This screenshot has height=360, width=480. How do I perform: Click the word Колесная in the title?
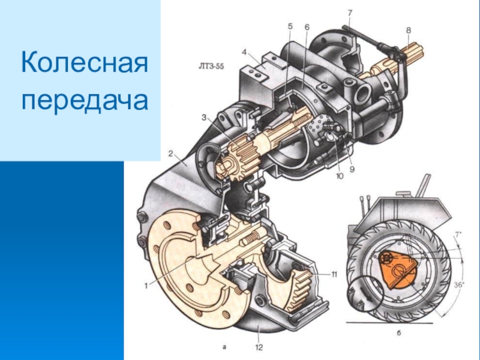tap(85, 62)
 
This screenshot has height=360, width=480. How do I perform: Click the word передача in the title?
tap(85, 100)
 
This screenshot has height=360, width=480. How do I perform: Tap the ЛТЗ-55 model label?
tap(211, 67)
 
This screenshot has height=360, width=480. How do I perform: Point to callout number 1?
tap(146, 286)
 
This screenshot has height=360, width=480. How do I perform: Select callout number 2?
tap(171, 154)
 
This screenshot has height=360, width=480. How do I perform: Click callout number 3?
tap(204, 117)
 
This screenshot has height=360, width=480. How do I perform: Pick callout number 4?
tap(244, 52)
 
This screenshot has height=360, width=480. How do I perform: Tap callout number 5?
tap(290, 26)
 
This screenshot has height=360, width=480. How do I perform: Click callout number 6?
tap(307, 27)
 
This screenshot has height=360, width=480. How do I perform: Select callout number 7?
tap(350, 13)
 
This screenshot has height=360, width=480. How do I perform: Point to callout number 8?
tap(409, 31)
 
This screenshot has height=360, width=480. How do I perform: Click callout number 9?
tap(352, 169)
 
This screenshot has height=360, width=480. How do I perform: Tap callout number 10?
tap(339, 176)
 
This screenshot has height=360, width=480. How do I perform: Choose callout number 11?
tap(333, 274)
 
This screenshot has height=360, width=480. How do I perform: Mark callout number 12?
tap(259, 347)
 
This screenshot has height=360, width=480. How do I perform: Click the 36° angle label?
tap(459, 284)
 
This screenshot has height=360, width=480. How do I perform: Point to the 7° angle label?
tap(458, 235)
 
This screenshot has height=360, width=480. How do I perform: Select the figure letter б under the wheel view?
tap(398, 333)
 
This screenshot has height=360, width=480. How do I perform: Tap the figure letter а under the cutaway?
tap(224, 347)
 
